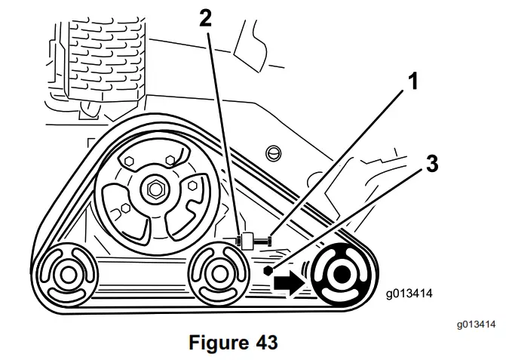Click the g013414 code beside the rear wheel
412,291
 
